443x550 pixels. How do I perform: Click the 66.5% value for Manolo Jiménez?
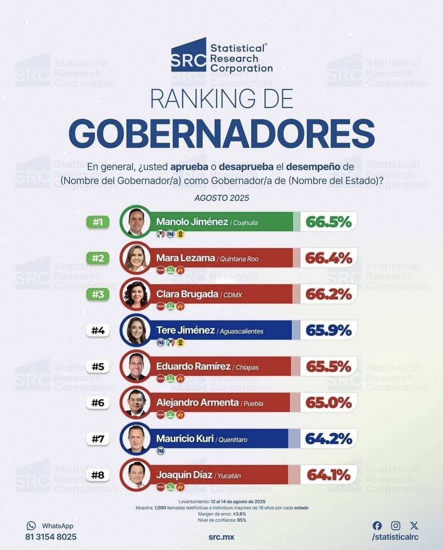tap(328, 222)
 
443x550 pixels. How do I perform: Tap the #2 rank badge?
tap(98, 258)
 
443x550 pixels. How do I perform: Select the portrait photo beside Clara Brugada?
tap(136, 294)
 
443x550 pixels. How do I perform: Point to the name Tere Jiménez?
tap(185, 330)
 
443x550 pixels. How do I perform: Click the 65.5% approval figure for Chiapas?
tap(328, 366)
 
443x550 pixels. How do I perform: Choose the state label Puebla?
tap(253, 403)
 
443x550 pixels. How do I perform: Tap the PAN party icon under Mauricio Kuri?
tap(161, 451)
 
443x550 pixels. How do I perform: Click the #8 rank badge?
tap(98, 475)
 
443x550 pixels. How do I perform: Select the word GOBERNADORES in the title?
tap(221, 134)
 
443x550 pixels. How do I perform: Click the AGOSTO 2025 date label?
tap(221, 198)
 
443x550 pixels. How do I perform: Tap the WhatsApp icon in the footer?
tap(31, 526)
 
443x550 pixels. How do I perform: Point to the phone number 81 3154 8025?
tap(51, 537)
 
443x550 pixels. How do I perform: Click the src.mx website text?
tap(221, 537)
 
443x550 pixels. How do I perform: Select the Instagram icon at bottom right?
tap(396, 526)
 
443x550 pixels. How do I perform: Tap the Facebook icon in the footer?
tap(377, 526)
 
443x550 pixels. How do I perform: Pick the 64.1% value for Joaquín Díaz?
tap(328, 475)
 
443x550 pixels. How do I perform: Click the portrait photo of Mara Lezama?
tap(136, 258)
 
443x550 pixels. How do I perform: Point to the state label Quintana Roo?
tap(239, 259)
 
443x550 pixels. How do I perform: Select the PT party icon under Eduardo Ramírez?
tap(180, 379)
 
